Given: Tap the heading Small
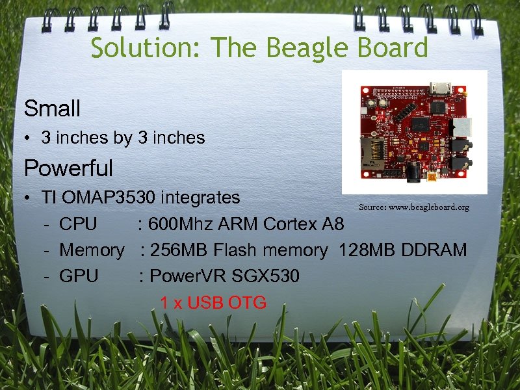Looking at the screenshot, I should (52, 109).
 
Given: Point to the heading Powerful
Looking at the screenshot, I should (68, 169).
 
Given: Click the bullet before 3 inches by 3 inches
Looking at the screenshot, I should (29, 138).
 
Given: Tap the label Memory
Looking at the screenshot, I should (91, 250).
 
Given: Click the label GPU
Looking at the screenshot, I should (79, 276).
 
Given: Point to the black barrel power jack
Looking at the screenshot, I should (411, 170).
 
